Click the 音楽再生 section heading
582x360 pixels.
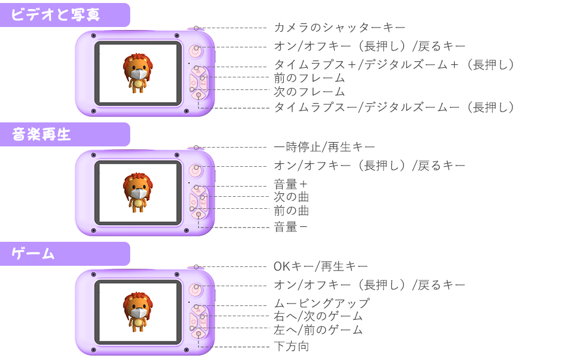point(42,134)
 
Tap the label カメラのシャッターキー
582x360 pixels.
point(340,28)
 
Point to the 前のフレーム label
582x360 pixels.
point(310,78)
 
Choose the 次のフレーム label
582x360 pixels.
point(310,92)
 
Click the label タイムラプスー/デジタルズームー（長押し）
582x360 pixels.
point(394,107)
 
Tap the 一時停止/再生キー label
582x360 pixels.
point(325,147)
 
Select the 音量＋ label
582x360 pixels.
point(291,184)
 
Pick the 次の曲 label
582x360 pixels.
point(292,197)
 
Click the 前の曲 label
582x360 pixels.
point(292,211)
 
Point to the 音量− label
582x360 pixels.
point(291,227)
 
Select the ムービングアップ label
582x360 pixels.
point(322,304)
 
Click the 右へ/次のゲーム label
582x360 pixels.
point(318,316)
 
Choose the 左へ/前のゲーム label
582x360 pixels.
point(318,330)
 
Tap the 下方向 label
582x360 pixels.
point(292,346)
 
